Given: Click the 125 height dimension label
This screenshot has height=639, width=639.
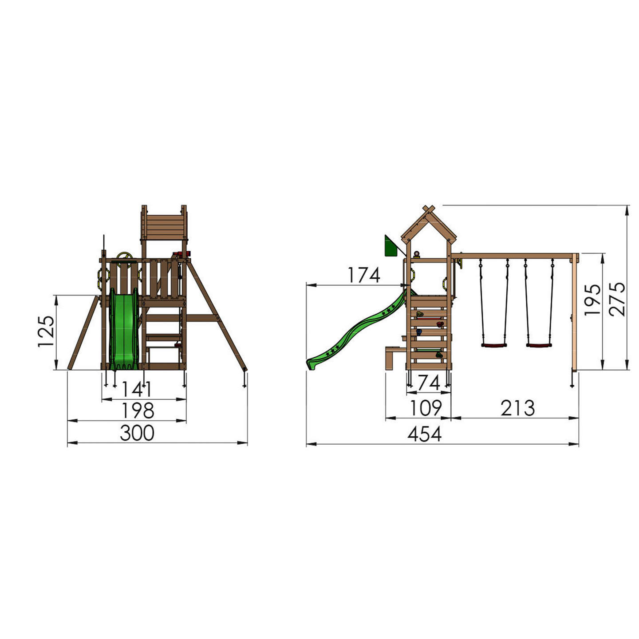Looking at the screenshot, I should point(46,331).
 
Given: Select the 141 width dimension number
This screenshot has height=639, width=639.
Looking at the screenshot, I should point(137,389).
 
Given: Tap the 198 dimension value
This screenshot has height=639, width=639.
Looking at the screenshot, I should point(138,411).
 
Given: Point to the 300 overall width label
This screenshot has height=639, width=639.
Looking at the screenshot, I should point(137,433).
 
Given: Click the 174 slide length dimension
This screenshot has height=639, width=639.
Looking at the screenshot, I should point(363,276).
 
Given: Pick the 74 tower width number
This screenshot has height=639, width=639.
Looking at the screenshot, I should point(429,383).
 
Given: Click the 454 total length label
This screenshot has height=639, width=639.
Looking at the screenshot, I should point(425,434).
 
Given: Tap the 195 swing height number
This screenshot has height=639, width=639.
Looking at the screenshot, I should point(593,300).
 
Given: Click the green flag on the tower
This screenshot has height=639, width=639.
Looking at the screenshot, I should point(390,247).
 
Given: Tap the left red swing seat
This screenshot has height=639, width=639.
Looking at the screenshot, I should point(494,345).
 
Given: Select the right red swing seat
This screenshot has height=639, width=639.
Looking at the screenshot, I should point(539,345).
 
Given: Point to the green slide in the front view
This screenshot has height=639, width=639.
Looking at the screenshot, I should point(124,328).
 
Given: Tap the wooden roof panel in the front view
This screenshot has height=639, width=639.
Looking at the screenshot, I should point(165,227).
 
